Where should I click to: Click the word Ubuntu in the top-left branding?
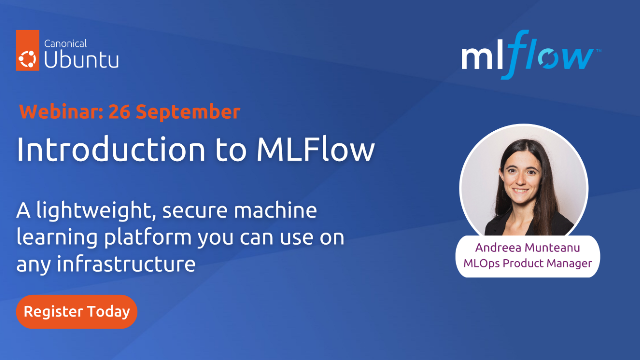point(82,59)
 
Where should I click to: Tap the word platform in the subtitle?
point(125,238)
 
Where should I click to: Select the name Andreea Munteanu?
point(528,247)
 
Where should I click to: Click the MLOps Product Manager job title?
point(528,264)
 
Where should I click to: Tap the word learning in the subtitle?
point(50,238)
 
